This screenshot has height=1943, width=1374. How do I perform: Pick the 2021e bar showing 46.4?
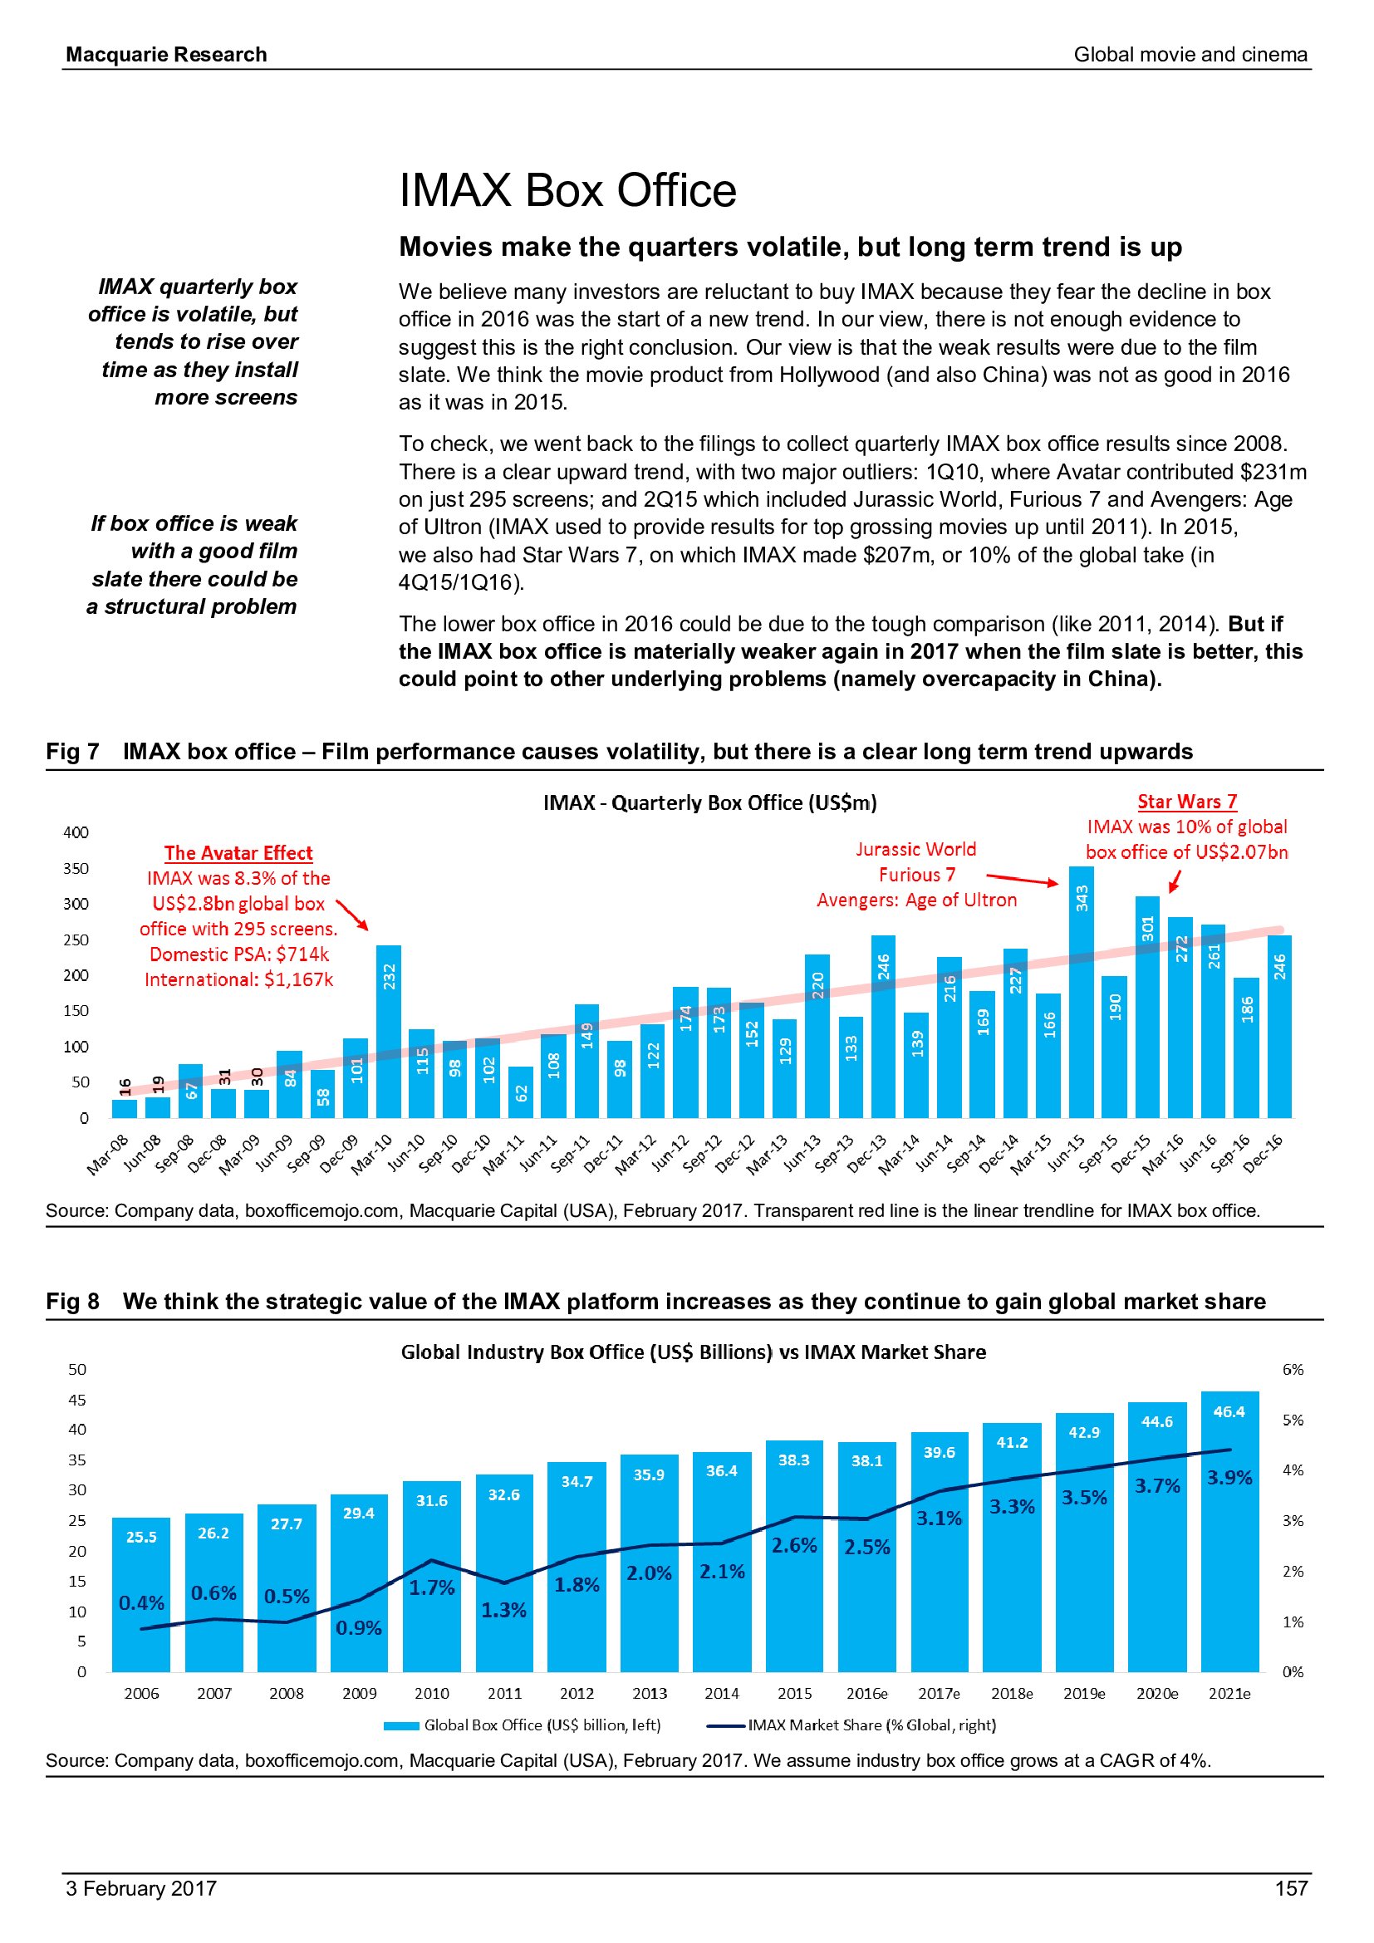pyautogui.click(x=1229, y=1531)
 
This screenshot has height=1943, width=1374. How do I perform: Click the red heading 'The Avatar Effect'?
pyautogui.click(x=238, y=853)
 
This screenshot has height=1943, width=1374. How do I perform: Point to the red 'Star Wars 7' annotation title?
pyautogui.click(x=1186, y=802)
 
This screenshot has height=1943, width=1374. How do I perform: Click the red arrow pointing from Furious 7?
pyautogui.click(x=1021, y=879)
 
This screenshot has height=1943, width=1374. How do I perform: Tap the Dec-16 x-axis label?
pyautogui.click(x=1264, y=1155)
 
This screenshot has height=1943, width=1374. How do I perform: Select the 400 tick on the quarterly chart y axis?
pyautogui.click(x=76, y=832)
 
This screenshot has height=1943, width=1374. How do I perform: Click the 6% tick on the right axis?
pyautogui.click(x=1292, y=1369)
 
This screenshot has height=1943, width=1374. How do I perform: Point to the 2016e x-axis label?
pyautogui.click(x=866, y=1693)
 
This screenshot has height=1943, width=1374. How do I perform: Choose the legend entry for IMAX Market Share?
pyautogui.click(x=851, y=1725)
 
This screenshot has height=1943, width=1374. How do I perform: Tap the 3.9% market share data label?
pyautogui.click(x=1229, y=1478)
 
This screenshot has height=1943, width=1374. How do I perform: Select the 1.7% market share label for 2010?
pyautogui.click(x=431, y=1587)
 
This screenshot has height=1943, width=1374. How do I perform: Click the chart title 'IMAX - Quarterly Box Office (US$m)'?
pyautogui.click(x=709, y=802)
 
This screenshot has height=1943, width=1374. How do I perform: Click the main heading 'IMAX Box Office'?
pyautogui.click(x=567, y=189)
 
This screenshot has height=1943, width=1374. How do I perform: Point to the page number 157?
pyautogui.click(x=1290, y=1888)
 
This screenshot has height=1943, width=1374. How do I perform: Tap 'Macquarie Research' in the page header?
pyautogui.click(x=167, y=54)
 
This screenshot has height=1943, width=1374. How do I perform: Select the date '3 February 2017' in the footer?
pyautogui.click(x=141, y=1888)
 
